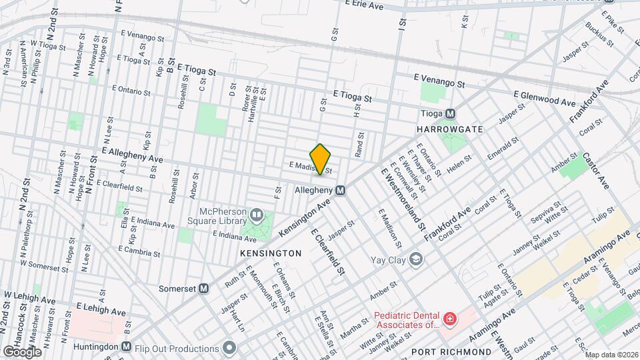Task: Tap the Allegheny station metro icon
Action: [341, 190]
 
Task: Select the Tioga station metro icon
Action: [451, 113]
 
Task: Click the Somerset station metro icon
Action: [205, 289]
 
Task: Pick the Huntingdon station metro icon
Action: [127, 347]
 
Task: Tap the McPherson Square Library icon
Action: [257, 215]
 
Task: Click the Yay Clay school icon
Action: [417, 259]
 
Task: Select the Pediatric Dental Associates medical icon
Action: [450, 320]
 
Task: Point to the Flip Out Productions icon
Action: [230, 347]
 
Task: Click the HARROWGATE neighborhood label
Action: [448, 128]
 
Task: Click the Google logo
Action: [21, 351]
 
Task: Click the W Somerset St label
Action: [46, 264]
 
